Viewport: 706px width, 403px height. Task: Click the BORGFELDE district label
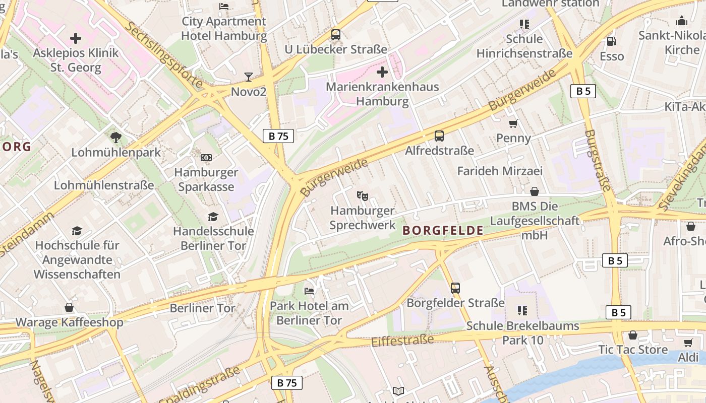[x=443, y=231]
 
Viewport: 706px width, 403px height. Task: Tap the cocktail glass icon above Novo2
[x=248, y=77]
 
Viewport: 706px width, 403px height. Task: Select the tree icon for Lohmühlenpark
[x=116, y=137]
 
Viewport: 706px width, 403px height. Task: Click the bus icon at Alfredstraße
[x=439, y=136]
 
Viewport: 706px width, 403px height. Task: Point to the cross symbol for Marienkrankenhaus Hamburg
[x=382, y=72]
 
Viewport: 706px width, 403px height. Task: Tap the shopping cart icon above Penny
[x=513, y=123]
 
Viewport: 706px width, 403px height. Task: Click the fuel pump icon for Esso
[x=612, y=41]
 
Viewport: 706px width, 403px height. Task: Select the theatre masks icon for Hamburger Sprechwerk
[x=362, y=195]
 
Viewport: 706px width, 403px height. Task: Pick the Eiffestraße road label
[x=402, y=341]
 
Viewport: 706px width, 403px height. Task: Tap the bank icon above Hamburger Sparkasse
[x=206, y=158]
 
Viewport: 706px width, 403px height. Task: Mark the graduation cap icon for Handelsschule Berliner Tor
[x=213, y=217]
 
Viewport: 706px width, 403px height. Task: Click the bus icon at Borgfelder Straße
[x=455, y=288]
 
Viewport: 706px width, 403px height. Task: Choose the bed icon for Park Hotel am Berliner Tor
[x=309, y=291]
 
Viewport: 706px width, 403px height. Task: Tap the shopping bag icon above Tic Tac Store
[x=633, y=335]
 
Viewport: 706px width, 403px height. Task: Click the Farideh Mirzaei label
[x=500, y=171]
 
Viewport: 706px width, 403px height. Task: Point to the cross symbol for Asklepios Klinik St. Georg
[x=76, y=38]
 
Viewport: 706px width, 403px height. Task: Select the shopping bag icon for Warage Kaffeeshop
[x=69, y=307]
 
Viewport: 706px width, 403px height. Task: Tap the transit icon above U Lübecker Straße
[x=336, y=35]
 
